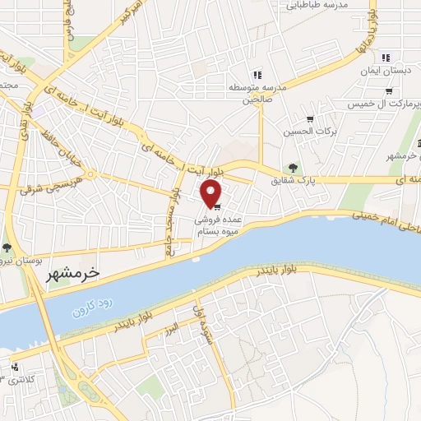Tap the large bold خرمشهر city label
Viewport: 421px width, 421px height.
pos(69,274)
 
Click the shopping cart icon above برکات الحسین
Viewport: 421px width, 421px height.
pos(309,120)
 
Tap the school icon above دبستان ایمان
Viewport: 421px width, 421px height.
pos(385,58)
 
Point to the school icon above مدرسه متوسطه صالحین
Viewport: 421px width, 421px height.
pos(257,75)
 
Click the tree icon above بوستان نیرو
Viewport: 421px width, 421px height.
pos(7,247)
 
